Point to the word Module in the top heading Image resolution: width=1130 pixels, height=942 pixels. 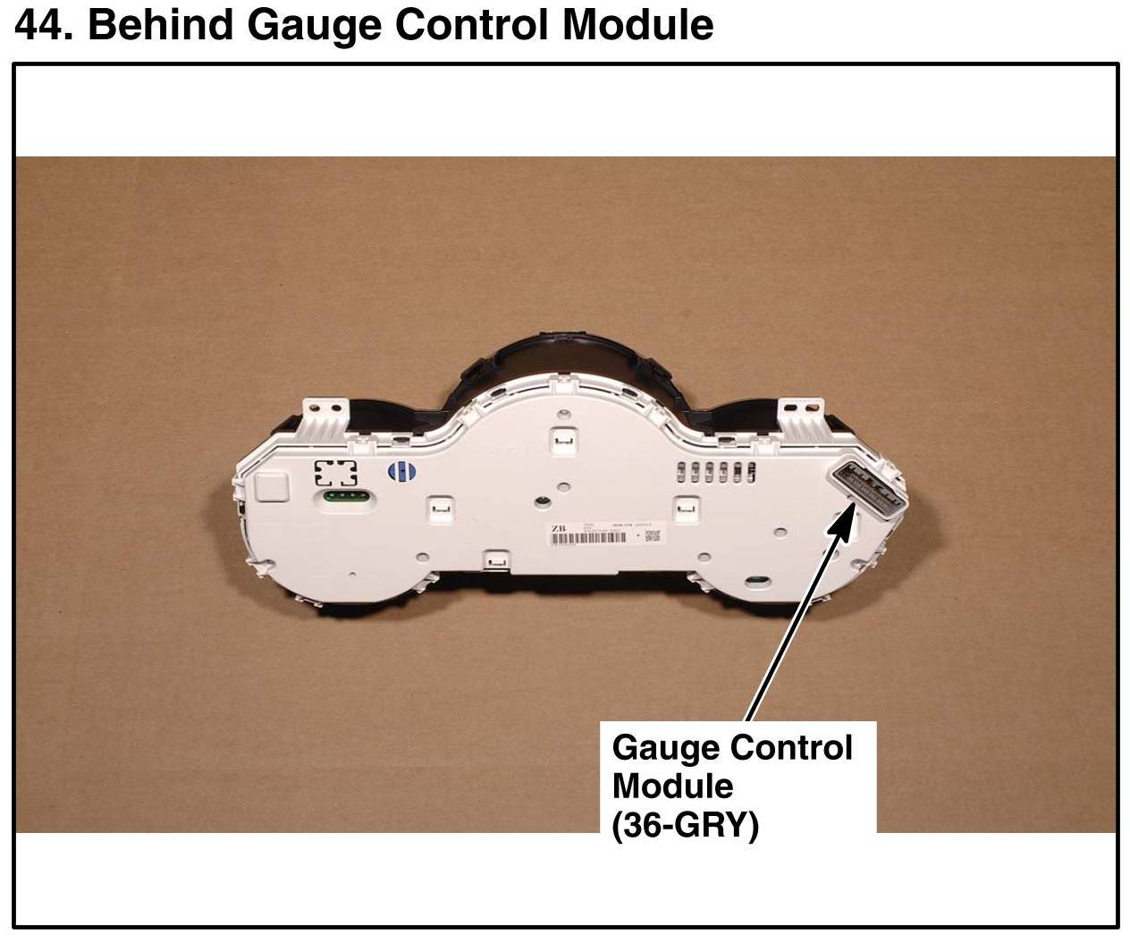(636, 24)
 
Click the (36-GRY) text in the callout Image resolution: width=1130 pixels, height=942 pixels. (685, 825)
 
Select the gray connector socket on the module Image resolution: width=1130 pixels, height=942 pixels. (870, 488)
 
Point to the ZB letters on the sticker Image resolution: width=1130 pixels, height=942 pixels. (559, 530)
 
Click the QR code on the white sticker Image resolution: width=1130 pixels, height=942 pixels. (652, 535)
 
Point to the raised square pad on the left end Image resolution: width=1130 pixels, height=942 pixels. (272, 487)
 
